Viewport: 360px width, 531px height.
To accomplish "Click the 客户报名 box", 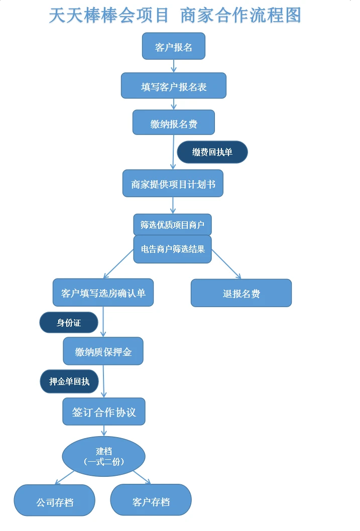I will (173, 47).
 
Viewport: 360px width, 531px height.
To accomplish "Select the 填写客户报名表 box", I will (173, 86).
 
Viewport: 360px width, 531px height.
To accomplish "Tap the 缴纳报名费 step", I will (173, 123).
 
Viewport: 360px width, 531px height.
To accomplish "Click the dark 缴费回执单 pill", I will (212, 152).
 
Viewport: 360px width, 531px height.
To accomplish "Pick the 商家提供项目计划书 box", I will (173, 184).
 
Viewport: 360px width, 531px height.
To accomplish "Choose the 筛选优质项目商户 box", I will (172, 225).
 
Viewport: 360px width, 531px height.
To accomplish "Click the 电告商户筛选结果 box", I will (172, 249).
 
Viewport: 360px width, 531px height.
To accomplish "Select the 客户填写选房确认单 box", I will (103, 293).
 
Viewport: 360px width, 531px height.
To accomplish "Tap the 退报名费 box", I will (241, 293).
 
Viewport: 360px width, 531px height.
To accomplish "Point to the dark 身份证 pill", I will (68, 323).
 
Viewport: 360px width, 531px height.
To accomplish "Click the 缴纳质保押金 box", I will (103, 351).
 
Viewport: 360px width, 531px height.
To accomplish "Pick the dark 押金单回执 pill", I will (69, 382).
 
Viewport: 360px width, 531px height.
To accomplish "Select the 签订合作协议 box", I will (103, 412).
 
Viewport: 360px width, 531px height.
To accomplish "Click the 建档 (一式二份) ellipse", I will (103, 456).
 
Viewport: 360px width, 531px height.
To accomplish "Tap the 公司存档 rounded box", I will (54, 501).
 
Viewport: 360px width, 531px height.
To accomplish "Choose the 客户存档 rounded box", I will (151, 500).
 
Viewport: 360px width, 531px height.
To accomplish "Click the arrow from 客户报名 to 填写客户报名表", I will (174, 66).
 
